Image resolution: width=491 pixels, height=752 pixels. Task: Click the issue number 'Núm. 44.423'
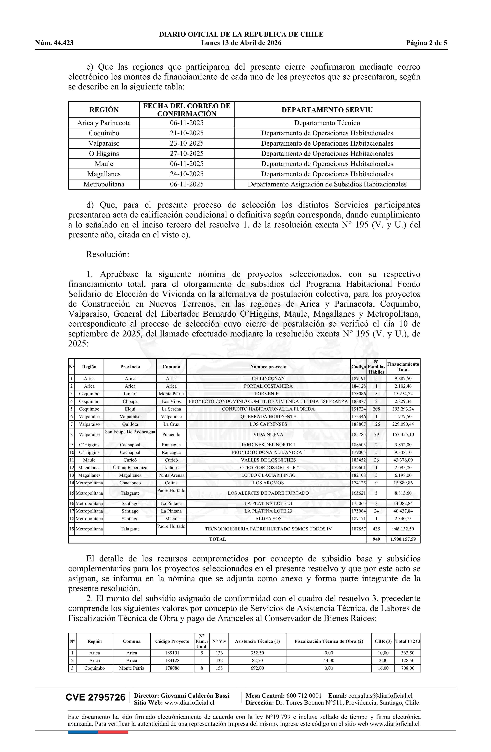(54, 43)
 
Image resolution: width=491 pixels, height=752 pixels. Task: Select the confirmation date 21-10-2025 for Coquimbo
(187, 133)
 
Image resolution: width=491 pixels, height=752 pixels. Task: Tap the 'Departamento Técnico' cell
(327, 123)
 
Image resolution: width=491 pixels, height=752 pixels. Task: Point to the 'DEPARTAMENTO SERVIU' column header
(327, 110)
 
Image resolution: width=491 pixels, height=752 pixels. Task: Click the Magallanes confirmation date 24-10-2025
(187, 174)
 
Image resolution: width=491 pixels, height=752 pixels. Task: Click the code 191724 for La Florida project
(359, 409)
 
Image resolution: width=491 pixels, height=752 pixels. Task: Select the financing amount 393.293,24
(403, 409)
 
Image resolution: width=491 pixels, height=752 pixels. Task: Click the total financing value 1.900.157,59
(403, 539)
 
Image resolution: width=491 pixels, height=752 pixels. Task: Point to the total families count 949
(376, 539)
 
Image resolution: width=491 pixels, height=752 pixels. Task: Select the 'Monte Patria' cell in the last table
(132, 668)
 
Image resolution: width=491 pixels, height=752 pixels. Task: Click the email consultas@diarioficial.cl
(380, 696)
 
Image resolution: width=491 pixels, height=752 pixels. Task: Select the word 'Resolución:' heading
(108, 254)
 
